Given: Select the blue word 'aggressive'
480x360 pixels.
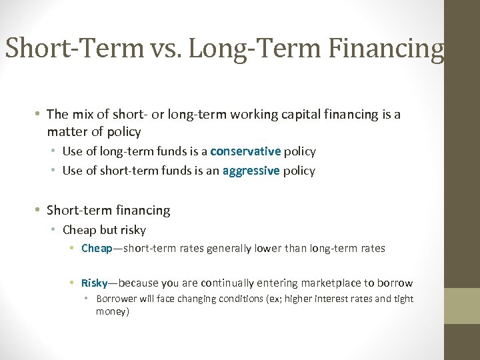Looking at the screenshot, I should pos(251,171).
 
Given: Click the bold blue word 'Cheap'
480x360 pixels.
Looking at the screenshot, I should pos(97,249).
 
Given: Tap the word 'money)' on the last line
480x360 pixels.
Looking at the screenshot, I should pos(112,311).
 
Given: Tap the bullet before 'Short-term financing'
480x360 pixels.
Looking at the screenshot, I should pos(39,211).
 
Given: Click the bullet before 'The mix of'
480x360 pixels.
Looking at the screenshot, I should pos(39,115).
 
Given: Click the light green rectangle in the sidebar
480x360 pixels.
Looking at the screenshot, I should pos(462,305).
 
